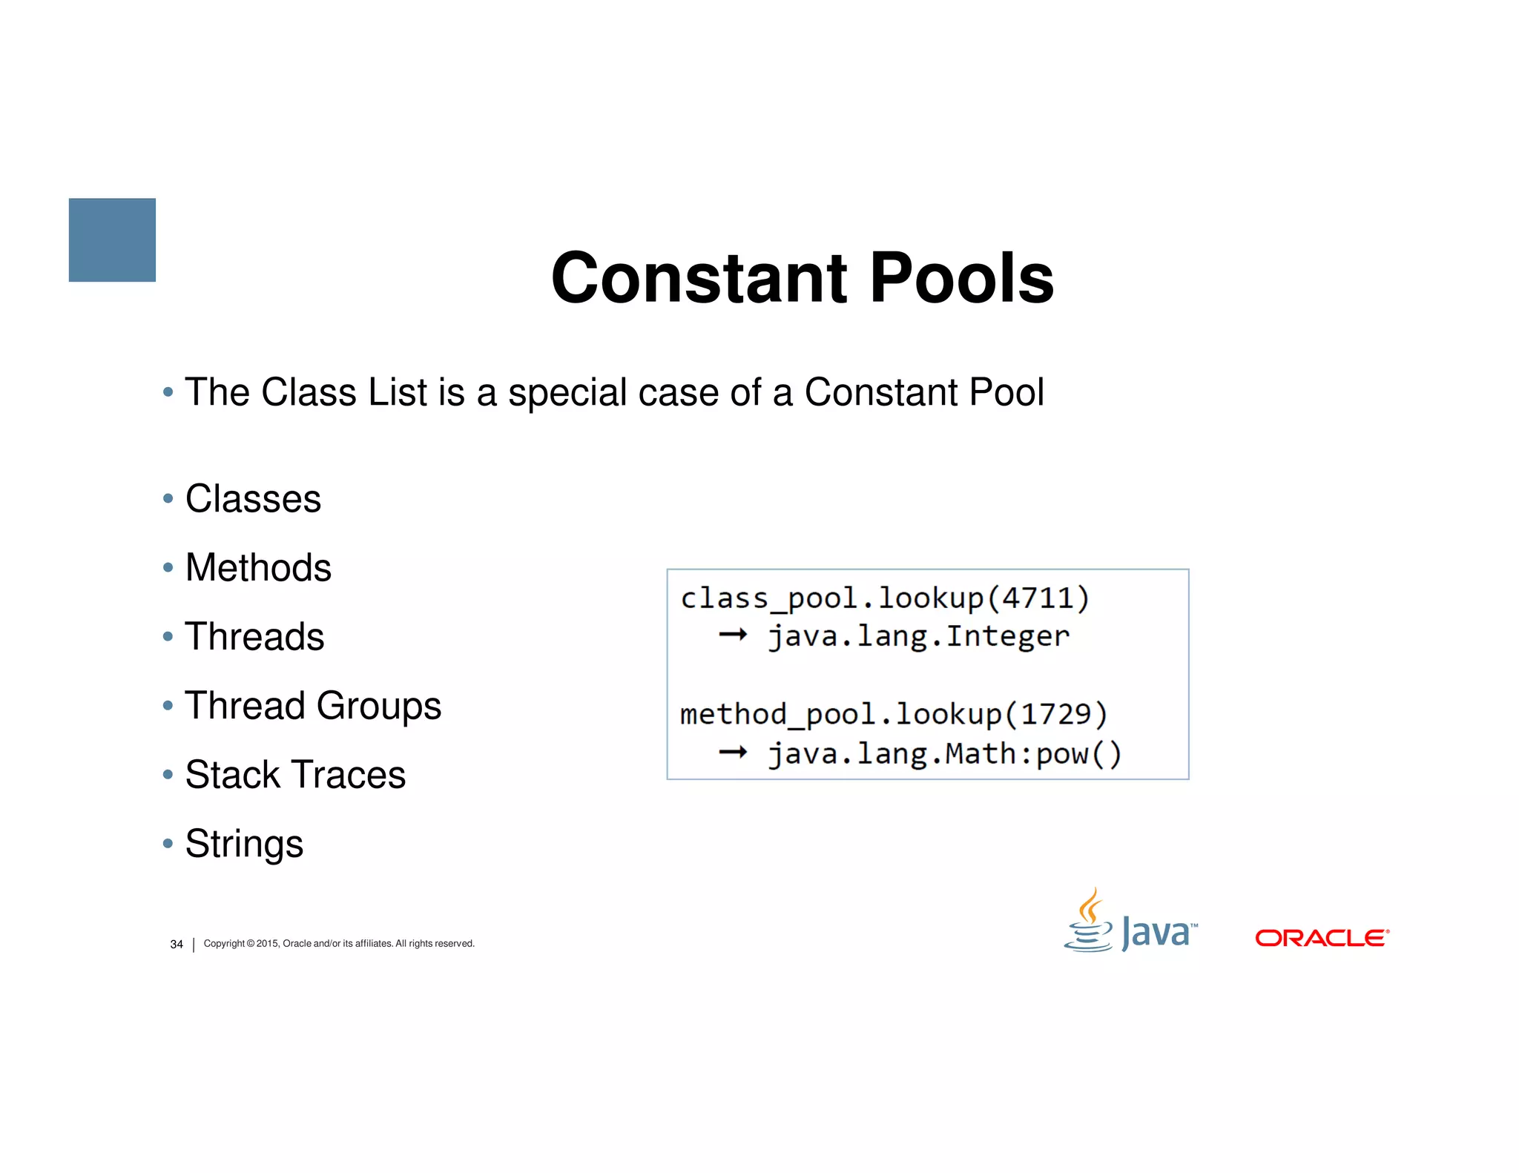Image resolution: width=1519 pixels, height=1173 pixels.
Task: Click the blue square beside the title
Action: (112, 239)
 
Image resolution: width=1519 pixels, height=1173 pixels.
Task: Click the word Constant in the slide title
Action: (698, 278)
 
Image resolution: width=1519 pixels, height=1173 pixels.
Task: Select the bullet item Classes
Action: (252, 498)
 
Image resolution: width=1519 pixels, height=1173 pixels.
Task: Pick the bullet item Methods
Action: (257, 568)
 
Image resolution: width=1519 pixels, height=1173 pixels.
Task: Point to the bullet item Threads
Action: (254, 637)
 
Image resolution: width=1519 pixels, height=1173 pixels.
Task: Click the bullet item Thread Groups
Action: (312, 705)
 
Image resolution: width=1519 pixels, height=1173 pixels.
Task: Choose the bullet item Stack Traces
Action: (294, 775)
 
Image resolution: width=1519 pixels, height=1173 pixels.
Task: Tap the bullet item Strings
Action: (243, 844)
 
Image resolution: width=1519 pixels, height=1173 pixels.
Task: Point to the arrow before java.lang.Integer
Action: (733, 635)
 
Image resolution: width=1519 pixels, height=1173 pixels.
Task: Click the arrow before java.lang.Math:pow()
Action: (733, 753)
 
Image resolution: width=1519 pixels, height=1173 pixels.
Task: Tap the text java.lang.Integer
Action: (918, 636)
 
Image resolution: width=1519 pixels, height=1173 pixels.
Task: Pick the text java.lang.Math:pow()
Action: (944, 754)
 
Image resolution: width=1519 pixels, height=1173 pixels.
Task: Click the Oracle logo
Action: (1321, 938)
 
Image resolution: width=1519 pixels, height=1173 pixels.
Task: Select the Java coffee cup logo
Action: (1089, 921)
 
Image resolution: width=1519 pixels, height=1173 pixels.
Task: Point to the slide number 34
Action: (177, 944)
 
